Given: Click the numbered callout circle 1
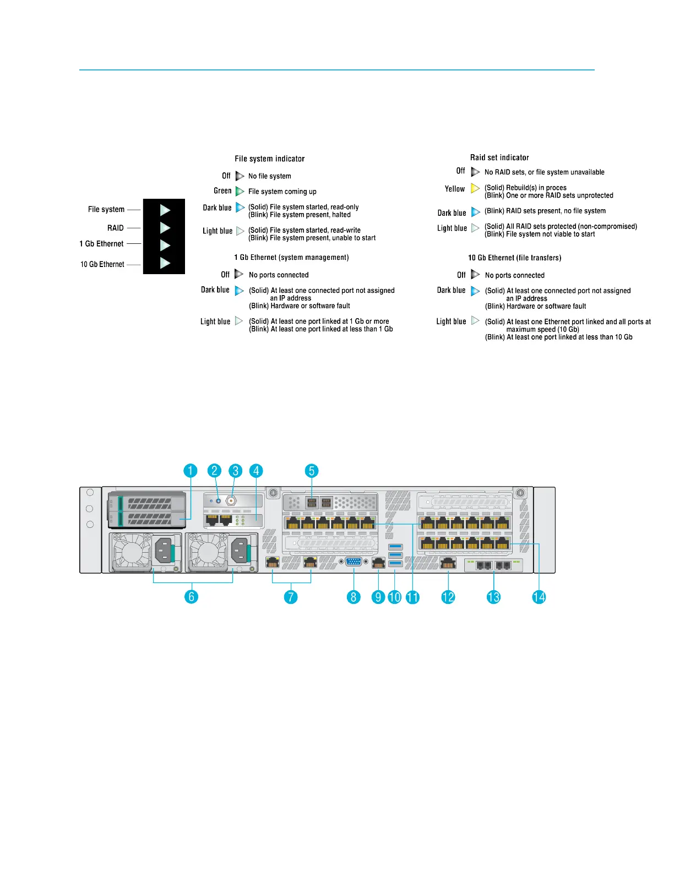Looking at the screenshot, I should pos(191,471).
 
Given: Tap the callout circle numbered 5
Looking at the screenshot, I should pos(312,471).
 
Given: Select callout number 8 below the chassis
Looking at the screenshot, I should pos(354,597).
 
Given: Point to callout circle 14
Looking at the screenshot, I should pos(539,597).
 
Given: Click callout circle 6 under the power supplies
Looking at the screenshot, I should pos(191,597).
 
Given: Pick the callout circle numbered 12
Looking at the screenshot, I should pos(448,597).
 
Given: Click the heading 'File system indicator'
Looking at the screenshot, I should pos(270,159).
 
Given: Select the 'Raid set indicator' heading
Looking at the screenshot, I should pos(499,157).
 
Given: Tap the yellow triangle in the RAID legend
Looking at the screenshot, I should pos(475,188).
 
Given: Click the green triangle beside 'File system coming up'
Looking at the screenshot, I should pos(240,191).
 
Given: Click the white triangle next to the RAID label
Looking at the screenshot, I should pos(165,227).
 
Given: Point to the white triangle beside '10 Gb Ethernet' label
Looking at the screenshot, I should pos(165,263).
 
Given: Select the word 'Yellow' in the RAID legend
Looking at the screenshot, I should pos(455,189).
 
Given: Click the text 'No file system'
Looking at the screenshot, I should pos(270,176).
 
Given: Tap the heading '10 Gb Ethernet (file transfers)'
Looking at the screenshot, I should pos(515,258).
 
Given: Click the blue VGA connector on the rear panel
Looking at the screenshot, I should pos(354,562).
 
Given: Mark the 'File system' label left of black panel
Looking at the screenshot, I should pos(106,209).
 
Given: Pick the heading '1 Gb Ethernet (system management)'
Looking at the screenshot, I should pos(292,257).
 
